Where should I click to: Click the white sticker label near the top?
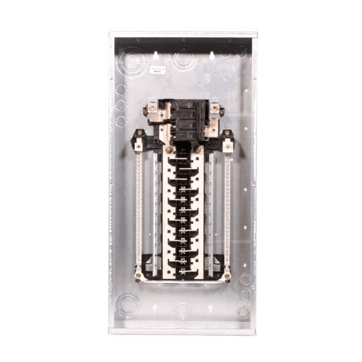(x=158, y=69)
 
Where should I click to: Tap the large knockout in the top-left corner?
(x=133, y=62)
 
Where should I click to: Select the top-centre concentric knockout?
(x=182, y=60)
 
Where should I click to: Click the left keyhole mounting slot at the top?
(x=156, y=56)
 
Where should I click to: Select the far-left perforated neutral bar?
(x=139, y=208)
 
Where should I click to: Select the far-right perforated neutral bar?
(x=228, y=208)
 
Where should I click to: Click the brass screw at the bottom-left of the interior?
(x=139, y=274)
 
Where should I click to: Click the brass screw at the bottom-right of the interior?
(x=228, y=274)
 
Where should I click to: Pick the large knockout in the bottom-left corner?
(x=127, y=303)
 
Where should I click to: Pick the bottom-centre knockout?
(x=182, y=310)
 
